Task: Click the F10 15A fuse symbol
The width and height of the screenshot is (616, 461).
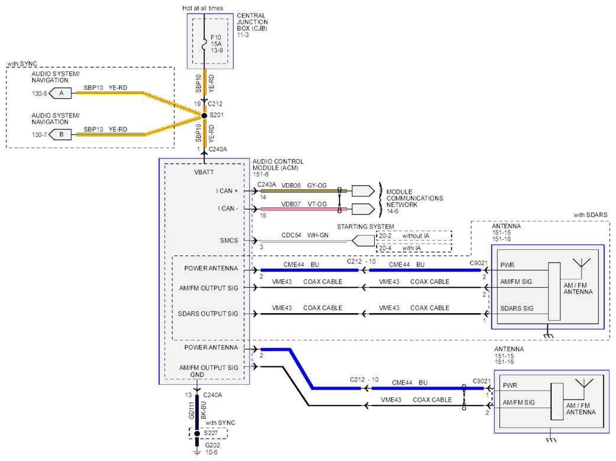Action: pos(204,44)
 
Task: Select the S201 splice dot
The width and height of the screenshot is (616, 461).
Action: pos(204,115)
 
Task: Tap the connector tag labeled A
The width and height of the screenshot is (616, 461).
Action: pos(60,93)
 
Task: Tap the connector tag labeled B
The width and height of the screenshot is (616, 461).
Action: pos(60,135)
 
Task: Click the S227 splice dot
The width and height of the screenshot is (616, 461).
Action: pos(197,433)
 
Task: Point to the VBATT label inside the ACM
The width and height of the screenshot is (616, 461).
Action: pos(204,172)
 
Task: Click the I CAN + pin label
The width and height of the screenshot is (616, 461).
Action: pos(226,191)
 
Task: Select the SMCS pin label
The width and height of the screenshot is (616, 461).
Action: pos(229,241)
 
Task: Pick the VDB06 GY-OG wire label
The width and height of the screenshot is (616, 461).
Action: pos(304,186)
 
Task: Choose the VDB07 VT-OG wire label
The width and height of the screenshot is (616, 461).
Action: pos(304,204)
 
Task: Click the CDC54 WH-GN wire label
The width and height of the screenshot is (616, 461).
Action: pos(305,235)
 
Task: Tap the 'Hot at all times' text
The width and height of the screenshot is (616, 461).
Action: pos(202,8)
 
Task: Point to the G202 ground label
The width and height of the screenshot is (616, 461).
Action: pos(213,445)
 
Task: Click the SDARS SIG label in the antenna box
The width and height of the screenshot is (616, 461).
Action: pos(517,309)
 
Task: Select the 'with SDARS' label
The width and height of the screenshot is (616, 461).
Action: pos(590,215)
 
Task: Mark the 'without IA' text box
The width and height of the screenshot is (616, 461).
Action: pos(414,236)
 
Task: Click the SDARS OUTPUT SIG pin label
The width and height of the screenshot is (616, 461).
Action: pos(208,314)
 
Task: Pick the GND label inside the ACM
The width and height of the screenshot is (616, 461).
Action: pos(197,375)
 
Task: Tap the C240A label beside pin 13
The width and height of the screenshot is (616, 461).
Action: pos(213,395)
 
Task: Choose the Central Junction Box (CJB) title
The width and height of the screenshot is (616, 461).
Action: pos(252,22)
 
